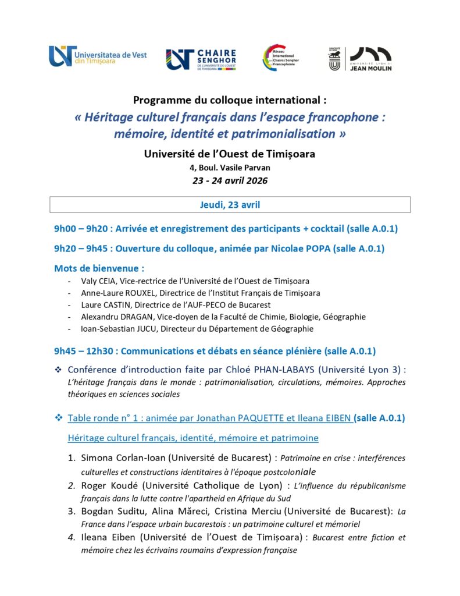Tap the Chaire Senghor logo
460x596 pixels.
tap(201, 59)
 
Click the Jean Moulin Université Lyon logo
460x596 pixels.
tap(361, 59)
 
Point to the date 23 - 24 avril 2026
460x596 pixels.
tap(230, 180)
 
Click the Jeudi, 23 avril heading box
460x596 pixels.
tap(230, 204)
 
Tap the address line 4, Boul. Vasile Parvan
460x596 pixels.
tap(230, 168)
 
